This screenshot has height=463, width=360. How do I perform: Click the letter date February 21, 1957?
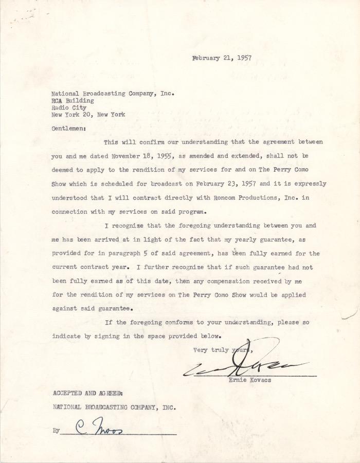(x=222, y=58)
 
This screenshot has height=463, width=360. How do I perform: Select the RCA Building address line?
(x=73, y=101)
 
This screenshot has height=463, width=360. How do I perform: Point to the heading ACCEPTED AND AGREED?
(x=87, y=393)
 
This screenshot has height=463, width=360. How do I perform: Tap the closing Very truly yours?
(x=221, y=350)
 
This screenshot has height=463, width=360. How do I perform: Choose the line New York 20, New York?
(x=88, y=115)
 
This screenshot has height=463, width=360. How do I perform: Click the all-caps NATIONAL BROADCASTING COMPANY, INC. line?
(x=114, y=407)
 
